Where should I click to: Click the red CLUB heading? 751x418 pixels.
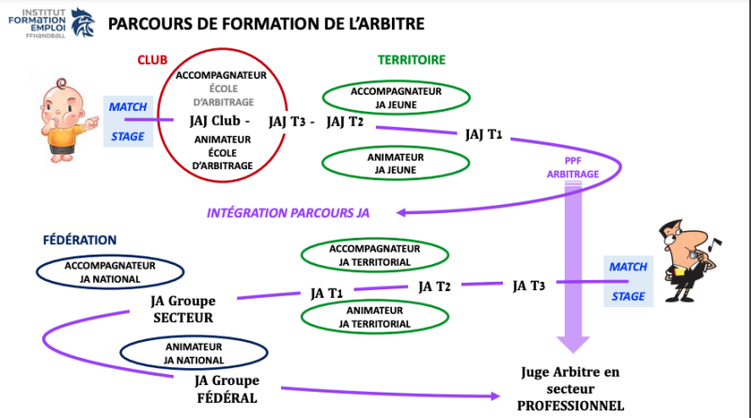[151, 59]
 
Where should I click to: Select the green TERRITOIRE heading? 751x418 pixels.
[412, 59]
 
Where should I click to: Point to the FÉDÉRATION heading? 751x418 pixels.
[80, 240]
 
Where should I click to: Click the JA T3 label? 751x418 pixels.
[529, 285]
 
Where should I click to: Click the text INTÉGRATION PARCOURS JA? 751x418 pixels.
[288, 212]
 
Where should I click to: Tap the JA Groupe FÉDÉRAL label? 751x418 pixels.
[226, 389]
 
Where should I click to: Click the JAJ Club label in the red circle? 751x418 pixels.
[220, 121]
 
